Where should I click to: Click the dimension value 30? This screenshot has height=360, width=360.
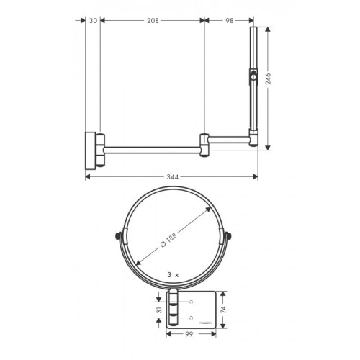(92, 21)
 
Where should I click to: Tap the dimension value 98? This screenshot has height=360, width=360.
(229, 21)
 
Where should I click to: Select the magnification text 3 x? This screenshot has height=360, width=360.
(172, 274)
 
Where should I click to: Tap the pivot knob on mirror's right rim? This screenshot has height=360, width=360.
(228, 236)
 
